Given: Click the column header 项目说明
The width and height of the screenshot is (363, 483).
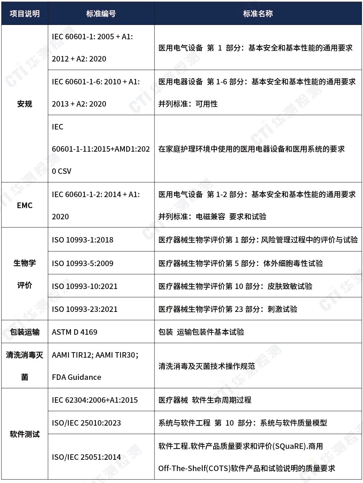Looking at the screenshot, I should (25, 14).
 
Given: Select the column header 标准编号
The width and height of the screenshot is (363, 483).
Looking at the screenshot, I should (101, 14).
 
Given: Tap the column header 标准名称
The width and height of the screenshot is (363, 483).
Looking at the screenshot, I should (258, 14).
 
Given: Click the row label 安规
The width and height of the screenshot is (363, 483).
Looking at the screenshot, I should (25, 104).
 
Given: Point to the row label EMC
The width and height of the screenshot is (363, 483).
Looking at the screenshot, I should (25, 205).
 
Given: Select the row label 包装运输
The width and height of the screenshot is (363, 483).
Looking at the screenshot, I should (25, 332).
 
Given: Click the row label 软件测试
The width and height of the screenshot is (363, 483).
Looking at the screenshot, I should (25, 434).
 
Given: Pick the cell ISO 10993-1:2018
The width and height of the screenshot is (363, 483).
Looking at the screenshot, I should (83, 240).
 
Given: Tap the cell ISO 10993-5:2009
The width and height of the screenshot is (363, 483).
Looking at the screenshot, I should (83, 263).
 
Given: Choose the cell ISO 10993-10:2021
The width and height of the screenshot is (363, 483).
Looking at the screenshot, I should (85, 286).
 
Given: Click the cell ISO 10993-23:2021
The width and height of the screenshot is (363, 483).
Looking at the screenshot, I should (85, 309).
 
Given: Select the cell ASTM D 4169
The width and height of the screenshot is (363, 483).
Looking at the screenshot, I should (74, 332).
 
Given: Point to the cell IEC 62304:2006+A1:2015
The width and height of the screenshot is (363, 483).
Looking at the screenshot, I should (95, 400).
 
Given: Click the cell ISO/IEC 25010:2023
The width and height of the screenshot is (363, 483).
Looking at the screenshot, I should (86, 423).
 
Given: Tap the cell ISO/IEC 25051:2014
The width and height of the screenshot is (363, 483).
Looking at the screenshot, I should (86, 457).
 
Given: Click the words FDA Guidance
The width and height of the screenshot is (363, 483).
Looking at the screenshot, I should (76, 377).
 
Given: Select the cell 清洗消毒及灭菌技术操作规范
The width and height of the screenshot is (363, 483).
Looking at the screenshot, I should (207, 366).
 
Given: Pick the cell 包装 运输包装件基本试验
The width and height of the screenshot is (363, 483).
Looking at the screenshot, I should (201, 332).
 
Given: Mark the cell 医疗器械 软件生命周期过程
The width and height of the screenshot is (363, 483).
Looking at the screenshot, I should (205, 400).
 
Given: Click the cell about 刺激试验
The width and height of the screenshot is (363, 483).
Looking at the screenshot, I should (228, 309).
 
